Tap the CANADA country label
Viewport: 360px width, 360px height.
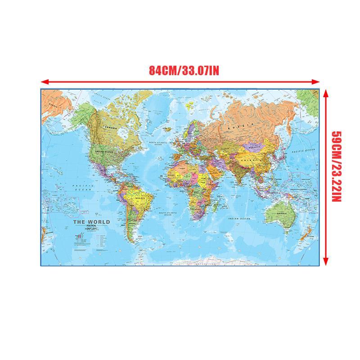tap(111, 128)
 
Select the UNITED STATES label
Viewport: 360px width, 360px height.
tap(107, 152)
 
